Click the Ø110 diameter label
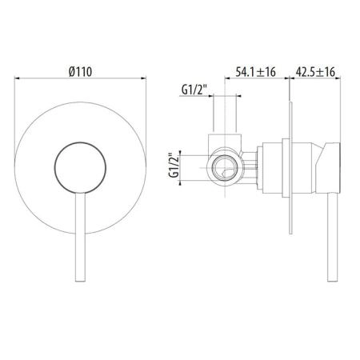pyautogui.click(x=80, y=71)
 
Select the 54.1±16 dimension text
pyautogui.click(x=255, y=72)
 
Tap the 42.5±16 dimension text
pyautogui.click(x=315, y=72)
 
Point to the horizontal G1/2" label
pyautogui.click(x=194, y=90)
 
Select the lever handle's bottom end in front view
pyautogui.click(x=80, y=281)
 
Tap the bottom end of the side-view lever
pyautogui.click(x=332, y=281)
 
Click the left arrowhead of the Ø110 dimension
pyautogui.click(x=17, y=78)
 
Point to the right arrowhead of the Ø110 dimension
pyautogui.click(x=144, y=78)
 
